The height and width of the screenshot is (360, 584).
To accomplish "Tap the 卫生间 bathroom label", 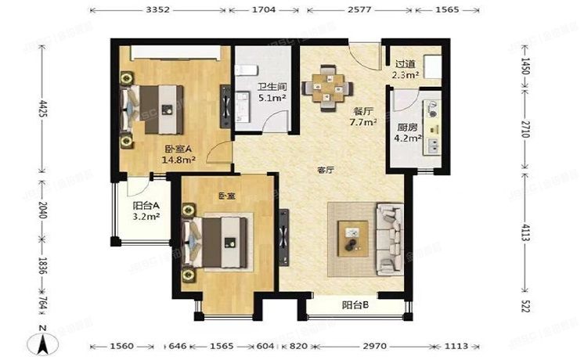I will [x=269, y=87].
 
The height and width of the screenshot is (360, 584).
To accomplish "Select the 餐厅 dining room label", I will [x=362, y=111].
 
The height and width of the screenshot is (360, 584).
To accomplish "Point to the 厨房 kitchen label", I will [x=406, y=128].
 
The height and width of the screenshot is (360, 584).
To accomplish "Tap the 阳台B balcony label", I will [x=355, y=305].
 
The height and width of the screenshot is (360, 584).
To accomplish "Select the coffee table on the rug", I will [x=353, y=235].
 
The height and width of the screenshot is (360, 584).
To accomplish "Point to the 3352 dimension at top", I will [x=160, y=12].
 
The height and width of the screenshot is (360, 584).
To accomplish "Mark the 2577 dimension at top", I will [x=360, y=12].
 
